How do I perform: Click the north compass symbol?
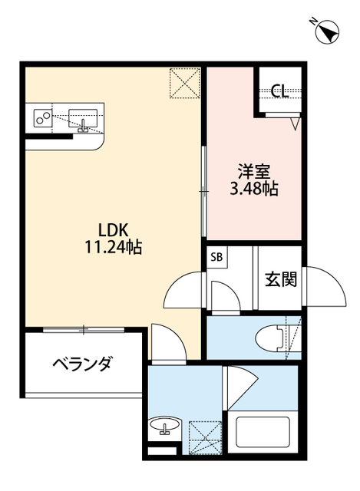327,32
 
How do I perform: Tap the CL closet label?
279,91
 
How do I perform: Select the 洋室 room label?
254,172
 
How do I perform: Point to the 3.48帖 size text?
254,189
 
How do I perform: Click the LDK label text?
114,230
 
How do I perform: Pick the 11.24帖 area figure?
114,247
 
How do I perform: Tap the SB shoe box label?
216,257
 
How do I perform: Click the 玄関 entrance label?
281,279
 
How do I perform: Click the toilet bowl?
272,338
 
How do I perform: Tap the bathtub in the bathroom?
263,433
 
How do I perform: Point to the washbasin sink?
165,425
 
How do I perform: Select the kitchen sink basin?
83,118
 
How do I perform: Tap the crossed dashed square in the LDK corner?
185,83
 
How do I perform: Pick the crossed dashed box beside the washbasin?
205,438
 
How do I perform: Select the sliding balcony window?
84,330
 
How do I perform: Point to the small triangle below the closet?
296,123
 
